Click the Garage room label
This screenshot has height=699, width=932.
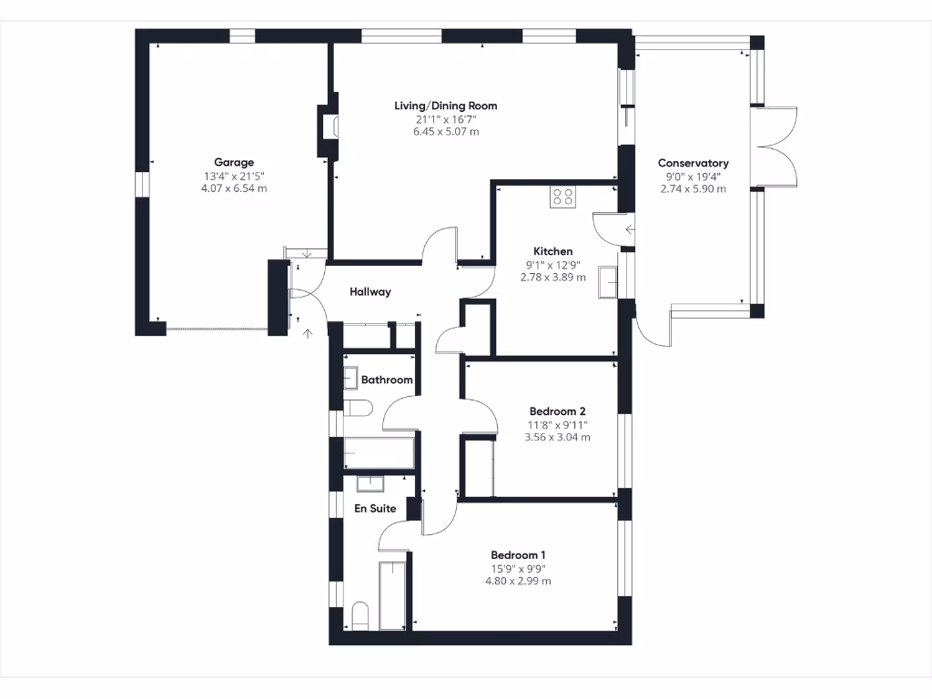[234, 163]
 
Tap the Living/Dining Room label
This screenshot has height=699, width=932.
[445, 106]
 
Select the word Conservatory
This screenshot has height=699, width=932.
[694, 164]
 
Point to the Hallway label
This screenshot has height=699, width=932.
[370, 292]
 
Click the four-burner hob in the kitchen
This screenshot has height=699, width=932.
[562, 198]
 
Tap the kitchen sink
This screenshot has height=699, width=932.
[607, 283]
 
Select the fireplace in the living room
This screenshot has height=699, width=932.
[327, 133]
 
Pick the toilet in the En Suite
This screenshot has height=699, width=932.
[358, 615]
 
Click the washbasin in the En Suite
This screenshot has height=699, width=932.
[370, 483]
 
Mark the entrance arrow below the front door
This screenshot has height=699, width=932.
[308, 334]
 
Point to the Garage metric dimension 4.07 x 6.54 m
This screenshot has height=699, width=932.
[234, 188]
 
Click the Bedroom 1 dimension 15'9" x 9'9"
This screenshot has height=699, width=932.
[518, 569]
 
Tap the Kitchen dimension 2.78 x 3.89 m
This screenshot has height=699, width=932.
[552, 277]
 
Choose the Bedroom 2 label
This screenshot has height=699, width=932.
[557, 411]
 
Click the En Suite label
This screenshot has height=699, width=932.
[375, 509]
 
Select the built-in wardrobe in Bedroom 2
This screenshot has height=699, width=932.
[479, 467]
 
